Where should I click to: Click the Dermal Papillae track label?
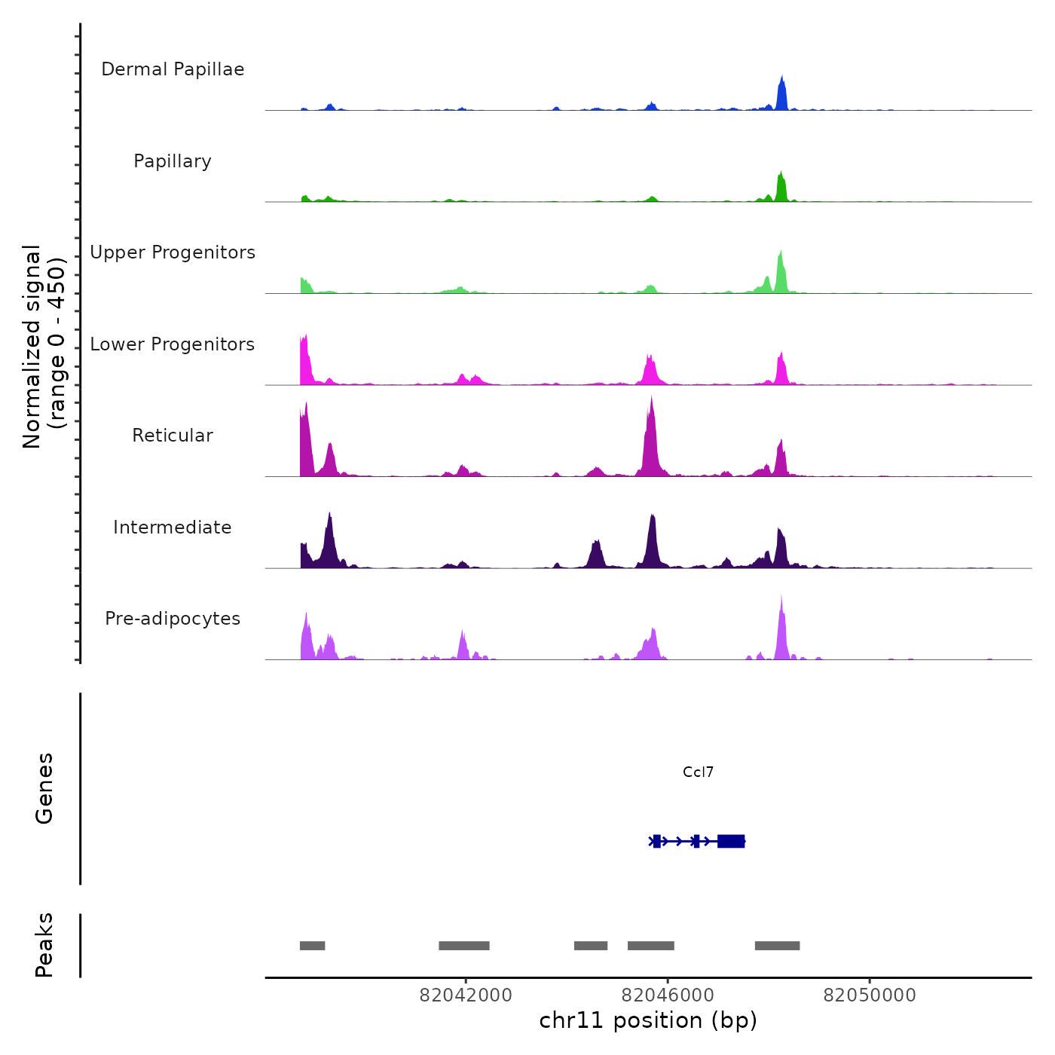pyautogui.click(x=173, y=69)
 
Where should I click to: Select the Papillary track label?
pyautogui.click(x=173, y=161)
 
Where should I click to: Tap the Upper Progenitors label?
pyautogui.click(x=173, y=252)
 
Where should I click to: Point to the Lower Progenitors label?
pyautogui.click(x=173, y=344)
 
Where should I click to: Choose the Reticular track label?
pyautogui.click(x=173, y=436)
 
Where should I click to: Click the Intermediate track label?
pyautogui.click(x=173, y=527)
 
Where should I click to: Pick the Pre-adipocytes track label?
pyautogui.click(x=173, y=619)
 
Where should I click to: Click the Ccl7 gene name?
pyautogui.click(x=698, y=772)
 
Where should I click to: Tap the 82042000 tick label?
pyautogui.click(x=466, y=995)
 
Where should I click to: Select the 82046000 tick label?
pyautogui.click(x=668, y=995)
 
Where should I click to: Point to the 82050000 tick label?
pyautogui.click(x=870, y=995)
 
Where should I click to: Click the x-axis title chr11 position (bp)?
pyautogui.click(x=648, y=1021)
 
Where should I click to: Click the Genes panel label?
pyautogui.click(x=44, y=788)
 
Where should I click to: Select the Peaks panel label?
pyautogui.click(x=44, y=945)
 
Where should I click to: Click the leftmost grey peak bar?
pyautogui.click(x=312, y=946)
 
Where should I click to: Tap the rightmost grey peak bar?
pyautogui.click(x=777, y=946)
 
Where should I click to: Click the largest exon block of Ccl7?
pyautogui.click(x=731, y=841)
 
